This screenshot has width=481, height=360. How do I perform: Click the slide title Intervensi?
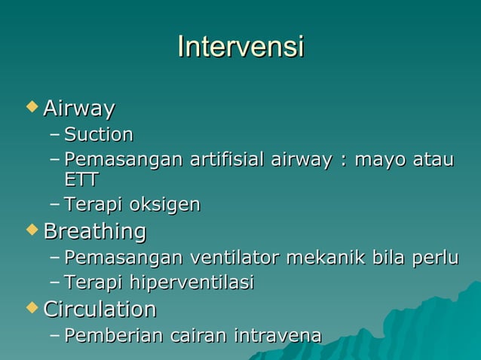pos(240,47)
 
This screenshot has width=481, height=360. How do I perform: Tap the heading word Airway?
pos(79,109)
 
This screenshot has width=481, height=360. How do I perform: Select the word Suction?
pos(99,135)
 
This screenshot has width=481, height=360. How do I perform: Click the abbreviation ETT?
pos(81,179)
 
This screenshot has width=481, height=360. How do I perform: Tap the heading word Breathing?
pos(95,230)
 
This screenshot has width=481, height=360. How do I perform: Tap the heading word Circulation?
pos(100,309)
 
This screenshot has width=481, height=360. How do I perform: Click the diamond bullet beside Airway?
pos(31,108)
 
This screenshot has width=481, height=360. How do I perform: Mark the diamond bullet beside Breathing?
pos(31,229)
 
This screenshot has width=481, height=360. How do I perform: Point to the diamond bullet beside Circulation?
pos(31,307)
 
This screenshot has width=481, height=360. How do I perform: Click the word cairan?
pos(196,334)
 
